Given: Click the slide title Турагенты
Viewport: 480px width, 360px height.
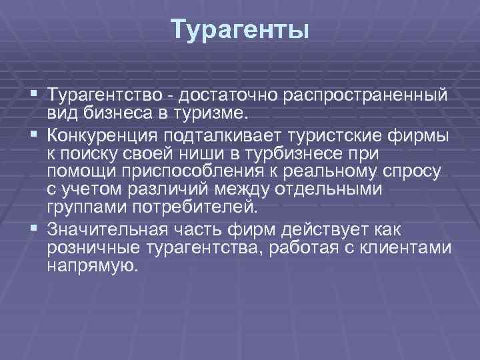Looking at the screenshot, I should click(x=239, y=30).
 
